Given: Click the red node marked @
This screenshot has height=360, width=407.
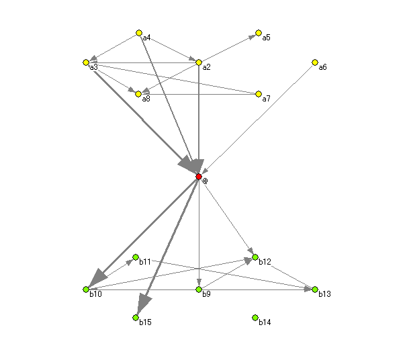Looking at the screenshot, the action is [199, 177].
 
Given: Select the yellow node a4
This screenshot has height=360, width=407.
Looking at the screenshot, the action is [139, 33].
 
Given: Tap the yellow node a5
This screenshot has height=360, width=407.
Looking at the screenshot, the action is [259, 33].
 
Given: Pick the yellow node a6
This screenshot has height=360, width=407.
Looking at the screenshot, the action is [315, 62].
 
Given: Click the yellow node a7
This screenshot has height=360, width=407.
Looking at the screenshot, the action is [259, 94].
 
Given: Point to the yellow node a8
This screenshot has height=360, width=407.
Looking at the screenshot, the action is [138, 94].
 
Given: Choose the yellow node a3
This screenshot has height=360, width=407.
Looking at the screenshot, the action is [86, 62].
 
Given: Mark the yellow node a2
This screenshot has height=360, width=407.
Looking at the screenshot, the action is [199, 62].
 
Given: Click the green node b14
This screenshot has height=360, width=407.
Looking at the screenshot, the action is [255, 318].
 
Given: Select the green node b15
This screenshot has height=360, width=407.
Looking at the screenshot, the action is [136, 318].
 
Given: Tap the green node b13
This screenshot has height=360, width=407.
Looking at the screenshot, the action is [315, 289].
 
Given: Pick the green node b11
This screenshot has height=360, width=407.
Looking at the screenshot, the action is [136, 257].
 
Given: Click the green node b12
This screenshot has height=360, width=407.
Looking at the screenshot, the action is [255, 257].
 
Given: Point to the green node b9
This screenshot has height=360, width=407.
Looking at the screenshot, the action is [199, 289].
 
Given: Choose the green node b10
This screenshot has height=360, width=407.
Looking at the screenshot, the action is [86, 289].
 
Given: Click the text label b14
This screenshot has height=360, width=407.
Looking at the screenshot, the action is [265, 322].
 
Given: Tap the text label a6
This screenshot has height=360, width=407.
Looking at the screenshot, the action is [322, 67].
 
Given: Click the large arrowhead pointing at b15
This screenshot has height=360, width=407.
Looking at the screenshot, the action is [144, 303].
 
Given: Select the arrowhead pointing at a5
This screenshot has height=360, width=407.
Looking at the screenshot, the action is [252, 37].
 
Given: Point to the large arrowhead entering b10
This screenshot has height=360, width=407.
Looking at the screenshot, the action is [99, 277].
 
